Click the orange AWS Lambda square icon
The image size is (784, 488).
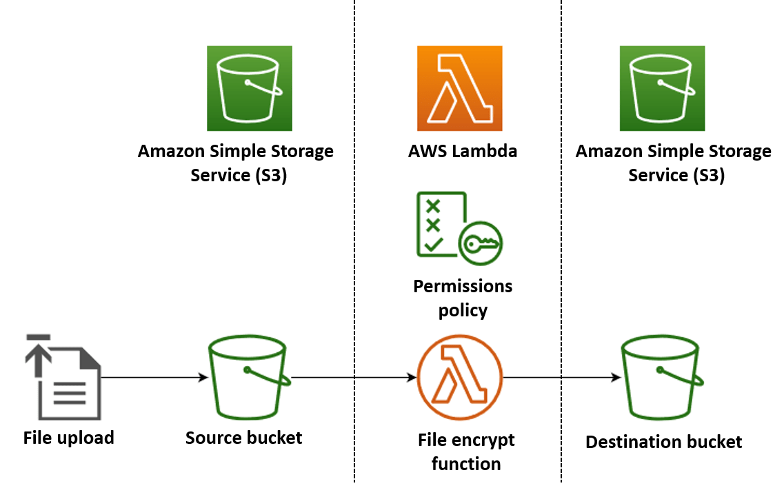[x=459, y=88]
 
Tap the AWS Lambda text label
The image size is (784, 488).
[x=463, y=151]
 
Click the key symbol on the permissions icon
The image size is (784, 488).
[x=482, y=243]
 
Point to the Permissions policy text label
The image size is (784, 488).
[x=463, y=298]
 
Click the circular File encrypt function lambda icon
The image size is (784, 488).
[x=460, y=378]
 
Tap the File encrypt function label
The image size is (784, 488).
[x=465, y=451]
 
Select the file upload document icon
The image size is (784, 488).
[x=63, y=378]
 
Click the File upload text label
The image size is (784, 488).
[x=68, y=438]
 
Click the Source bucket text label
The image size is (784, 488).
[x=243, y=438]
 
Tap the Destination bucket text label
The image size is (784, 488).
[x=663, y=442]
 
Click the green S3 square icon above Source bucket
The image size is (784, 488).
[x=249, y=88]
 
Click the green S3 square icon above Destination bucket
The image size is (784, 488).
[x=662, y=88]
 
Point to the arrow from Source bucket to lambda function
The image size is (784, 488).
[x=353, y=378]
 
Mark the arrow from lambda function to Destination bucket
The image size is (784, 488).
[x=560, y=378]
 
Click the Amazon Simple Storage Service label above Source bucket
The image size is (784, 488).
[x=236, y=163]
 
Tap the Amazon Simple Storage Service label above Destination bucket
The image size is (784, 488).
[x=674, y=163]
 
